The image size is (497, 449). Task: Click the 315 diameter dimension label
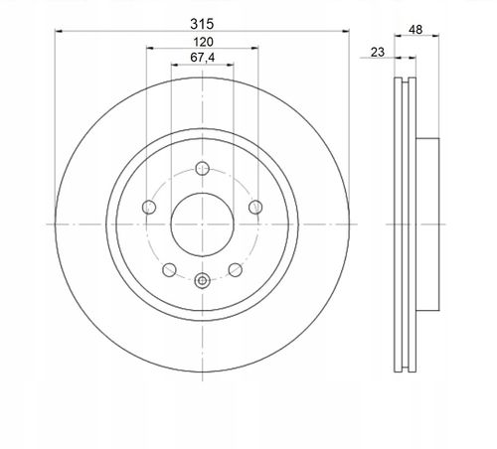(202, 24)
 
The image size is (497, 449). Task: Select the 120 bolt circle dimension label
(203, 42)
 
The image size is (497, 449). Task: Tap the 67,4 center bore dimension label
(202, 58)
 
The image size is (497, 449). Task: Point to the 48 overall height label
(415, 30)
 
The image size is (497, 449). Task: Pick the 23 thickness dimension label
(378, 52)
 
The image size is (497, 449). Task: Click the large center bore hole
(202, 224)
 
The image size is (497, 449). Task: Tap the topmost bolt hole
(202, 168)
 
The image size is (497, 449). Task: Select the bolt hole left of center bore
(149, 208)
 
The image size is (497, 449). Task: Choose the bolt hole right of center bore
(255, 208)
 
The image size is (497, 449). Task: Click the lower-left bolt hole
(169, 270)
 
